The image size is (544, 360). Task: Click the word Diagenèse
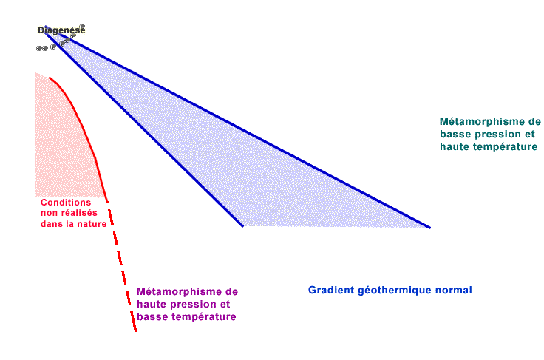pos(61,30)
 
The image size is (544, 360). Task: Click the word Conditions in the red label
pos(66,203)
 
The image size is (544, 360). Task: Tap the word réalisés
pos(78,213)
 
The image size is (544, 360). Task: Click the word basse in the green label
pos(455,135)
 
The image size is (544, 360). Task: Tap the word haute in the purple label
pos(152,304)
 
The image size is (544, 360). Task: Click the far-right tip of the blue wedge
pos(430,228)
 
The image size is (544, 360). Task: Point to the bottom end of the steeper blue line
pos(243,226)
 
